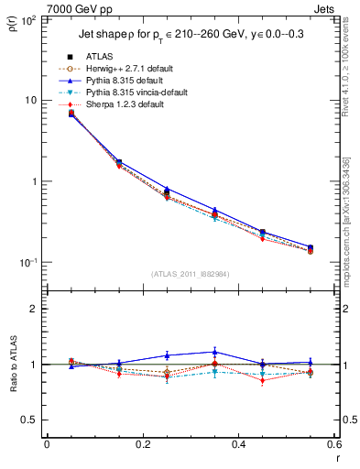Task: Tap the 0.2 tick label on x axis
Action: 142,446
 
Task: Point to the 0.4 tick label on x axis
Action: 238,446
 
